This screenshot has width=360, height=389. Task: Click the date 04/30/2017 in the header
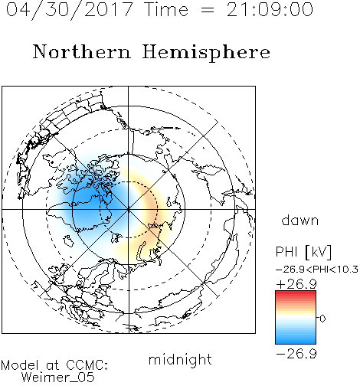pos(70,10)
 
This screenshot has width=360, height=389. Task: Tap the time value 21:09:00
pos(270,9)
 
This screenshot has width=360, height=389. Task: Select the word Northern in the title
pos(81,51)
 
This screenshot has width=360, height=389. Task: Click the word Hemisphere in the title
pos(206,53)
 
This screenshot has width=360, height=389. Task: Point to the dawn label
pos(300,220)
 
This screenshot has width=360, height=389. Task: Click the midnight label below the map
pos(180,359)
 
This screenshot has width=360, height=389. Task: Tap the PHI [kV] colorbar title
pos(303,252)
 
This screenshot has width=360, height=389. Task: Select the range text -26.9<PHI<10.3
pos(316,270)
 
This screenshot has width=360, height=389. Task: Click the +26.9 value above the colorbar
pos(296,284)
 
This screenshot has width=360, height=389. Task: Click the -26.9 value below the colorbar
pos(296,354)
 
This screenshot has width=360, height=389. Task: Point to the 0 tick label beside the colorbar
pos(322,319)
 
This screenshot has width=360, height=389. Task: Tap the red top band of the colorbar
pos(296,293)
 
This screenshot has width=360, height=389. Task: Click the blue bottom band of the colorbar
pos(296,341)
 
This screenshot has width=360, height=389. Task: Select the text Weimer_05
pos(58,378)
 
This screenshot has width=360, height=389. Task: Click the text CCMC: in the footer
pos(87,365)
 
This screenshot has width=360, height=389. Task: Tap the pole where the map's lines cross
pos(129,209)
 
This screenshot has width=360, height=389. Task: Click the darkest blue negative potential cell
pos(92,201)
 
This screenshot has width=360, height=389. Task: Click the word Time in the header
pos(166,10)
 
